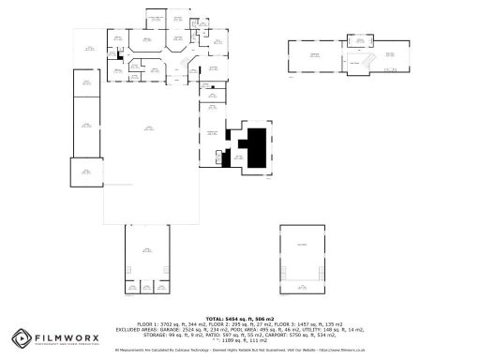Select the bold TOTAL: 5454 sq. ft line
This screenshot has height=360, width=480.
[x=239, y=318]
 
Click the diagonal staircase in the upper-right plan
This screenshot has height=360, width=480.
[x=371, y=59]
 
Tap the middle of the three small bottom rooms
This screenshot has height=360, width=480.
[x=146, y=286]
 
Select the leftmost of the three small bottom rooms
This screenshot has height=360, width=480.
[x=131, y=286]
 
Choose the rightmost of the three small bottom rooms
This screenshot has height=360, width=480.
[x=161, y=286]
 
